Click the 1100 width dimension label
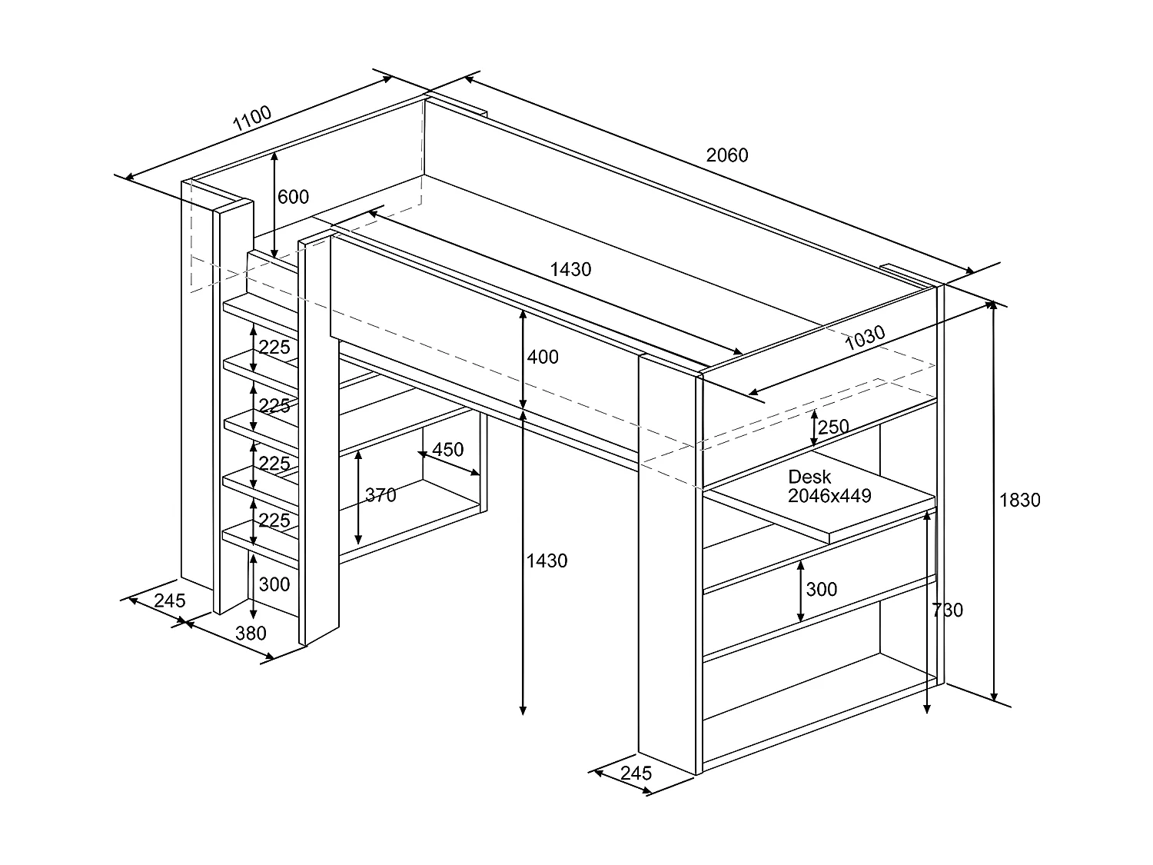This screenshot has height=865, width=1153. point(252,118)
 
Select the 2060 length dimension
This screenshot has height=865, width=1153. point(727,155)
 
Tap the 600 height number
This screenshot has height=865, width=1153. point(293,197)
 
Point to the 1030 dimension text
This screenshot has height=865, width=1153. point(865,338)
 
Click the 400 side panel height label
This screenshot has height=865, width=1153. point(543,357)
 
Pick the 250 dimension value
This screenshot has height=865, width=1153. point(833,427)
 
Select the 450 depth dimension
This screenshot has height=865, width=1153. point(447,450)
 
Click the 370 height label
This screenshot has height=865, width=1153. point(380,494)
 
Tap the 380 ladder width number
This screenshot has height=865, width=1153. point(251,634)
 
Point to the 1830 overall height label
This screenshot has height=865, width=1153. point(1019,500)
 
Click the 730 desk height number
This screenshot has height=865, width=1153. point(948,610)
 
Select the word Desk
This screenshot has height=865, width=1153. point(809,477)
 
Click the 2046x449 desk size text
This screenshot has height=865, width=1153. point(829,496)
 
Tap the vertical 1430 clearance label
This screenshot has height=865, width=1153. point(547,561)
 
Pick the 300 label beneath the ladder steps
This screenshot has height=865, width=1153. point(274,584)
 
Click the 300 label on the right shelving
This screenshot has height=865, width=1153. point(822,589)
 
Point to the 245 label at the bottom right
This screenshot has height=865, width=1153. point(636,773)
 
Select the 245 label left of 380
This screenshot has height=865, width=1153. point(170,601)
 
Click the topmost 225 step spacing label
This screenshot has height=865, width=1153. point(274,348)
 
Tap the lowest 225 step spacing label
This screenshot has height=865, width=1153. point(274,521)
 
